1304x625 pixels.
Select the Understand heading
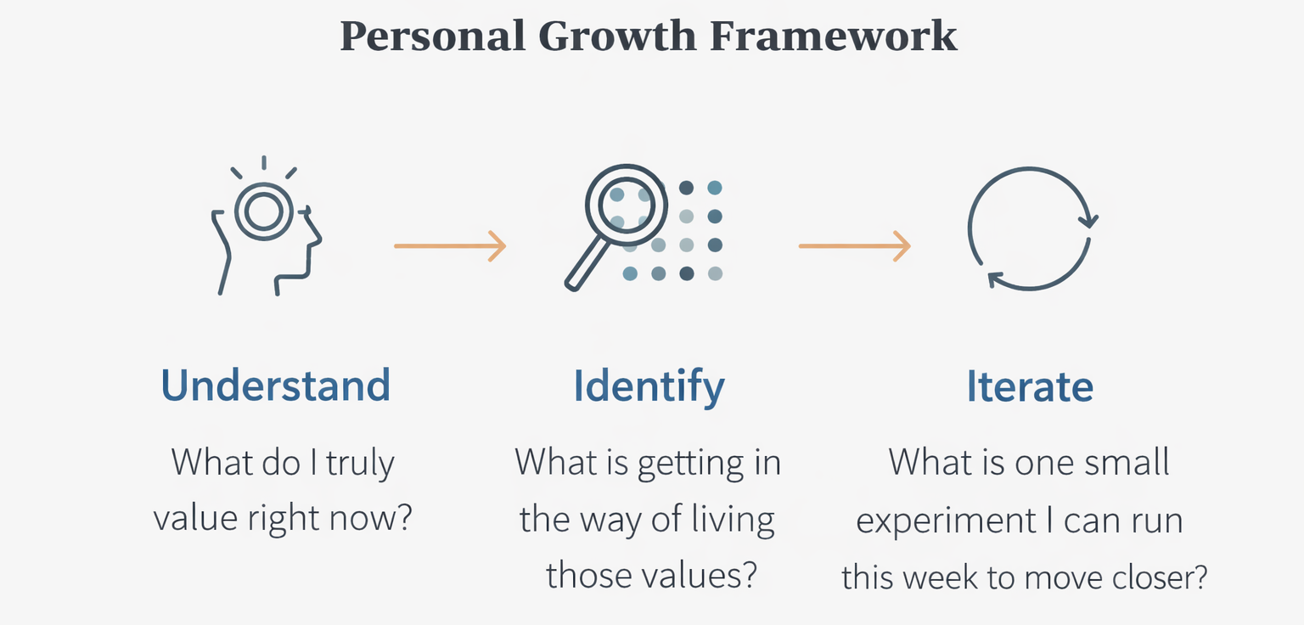[x=276, y=386]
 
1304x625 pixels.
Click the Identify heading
[x=649, y=386]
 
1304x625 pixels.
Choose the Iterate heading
[x=1030, y=386]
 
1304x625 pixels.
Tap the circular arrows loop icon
[x=1030, y=229]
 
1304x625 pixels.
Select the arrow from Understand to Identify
[x=450, y=246]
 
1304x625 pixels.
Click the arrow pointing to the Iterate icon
[x=854, y=246]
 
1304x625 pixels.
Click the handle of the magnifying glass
[x=585, y=266]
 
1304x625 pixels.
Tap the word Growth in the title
[x=614, y=37]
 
